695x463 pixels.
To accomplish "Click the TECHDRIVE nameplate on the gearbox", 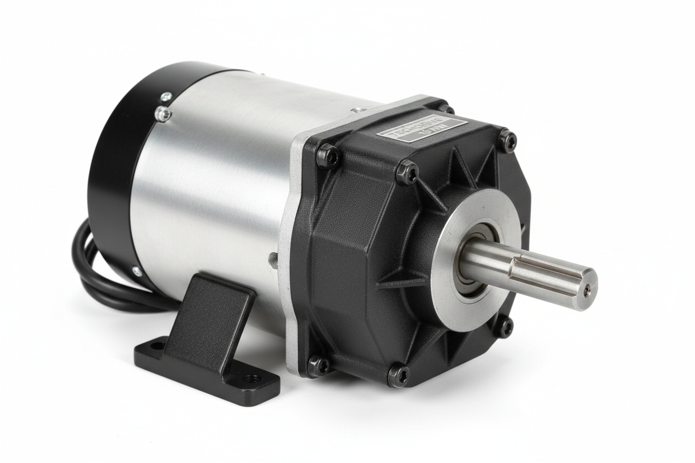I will (x=422, y=129).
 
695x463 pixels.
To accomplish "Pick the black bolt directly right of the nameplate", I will (x=507, y=140).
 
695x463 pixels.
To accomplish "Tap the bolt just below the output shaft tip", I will (x=504, y=327).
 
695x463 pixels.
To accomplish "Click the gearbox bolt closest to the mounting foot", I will (x=318, y=365).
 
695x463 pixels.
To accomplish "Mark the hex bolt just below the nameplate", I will (x=407, y=173).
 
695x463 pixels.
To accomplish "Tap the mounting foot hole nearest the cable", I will (x=156, y=346).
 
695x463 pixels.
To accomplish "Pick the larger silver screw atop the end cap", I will (x=163, y=114).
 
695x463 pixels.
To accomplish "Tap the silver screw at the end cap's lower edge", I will (x=137, y=271).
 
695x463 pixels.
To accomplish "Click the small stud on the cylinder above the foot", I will (x=273, y=258).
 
